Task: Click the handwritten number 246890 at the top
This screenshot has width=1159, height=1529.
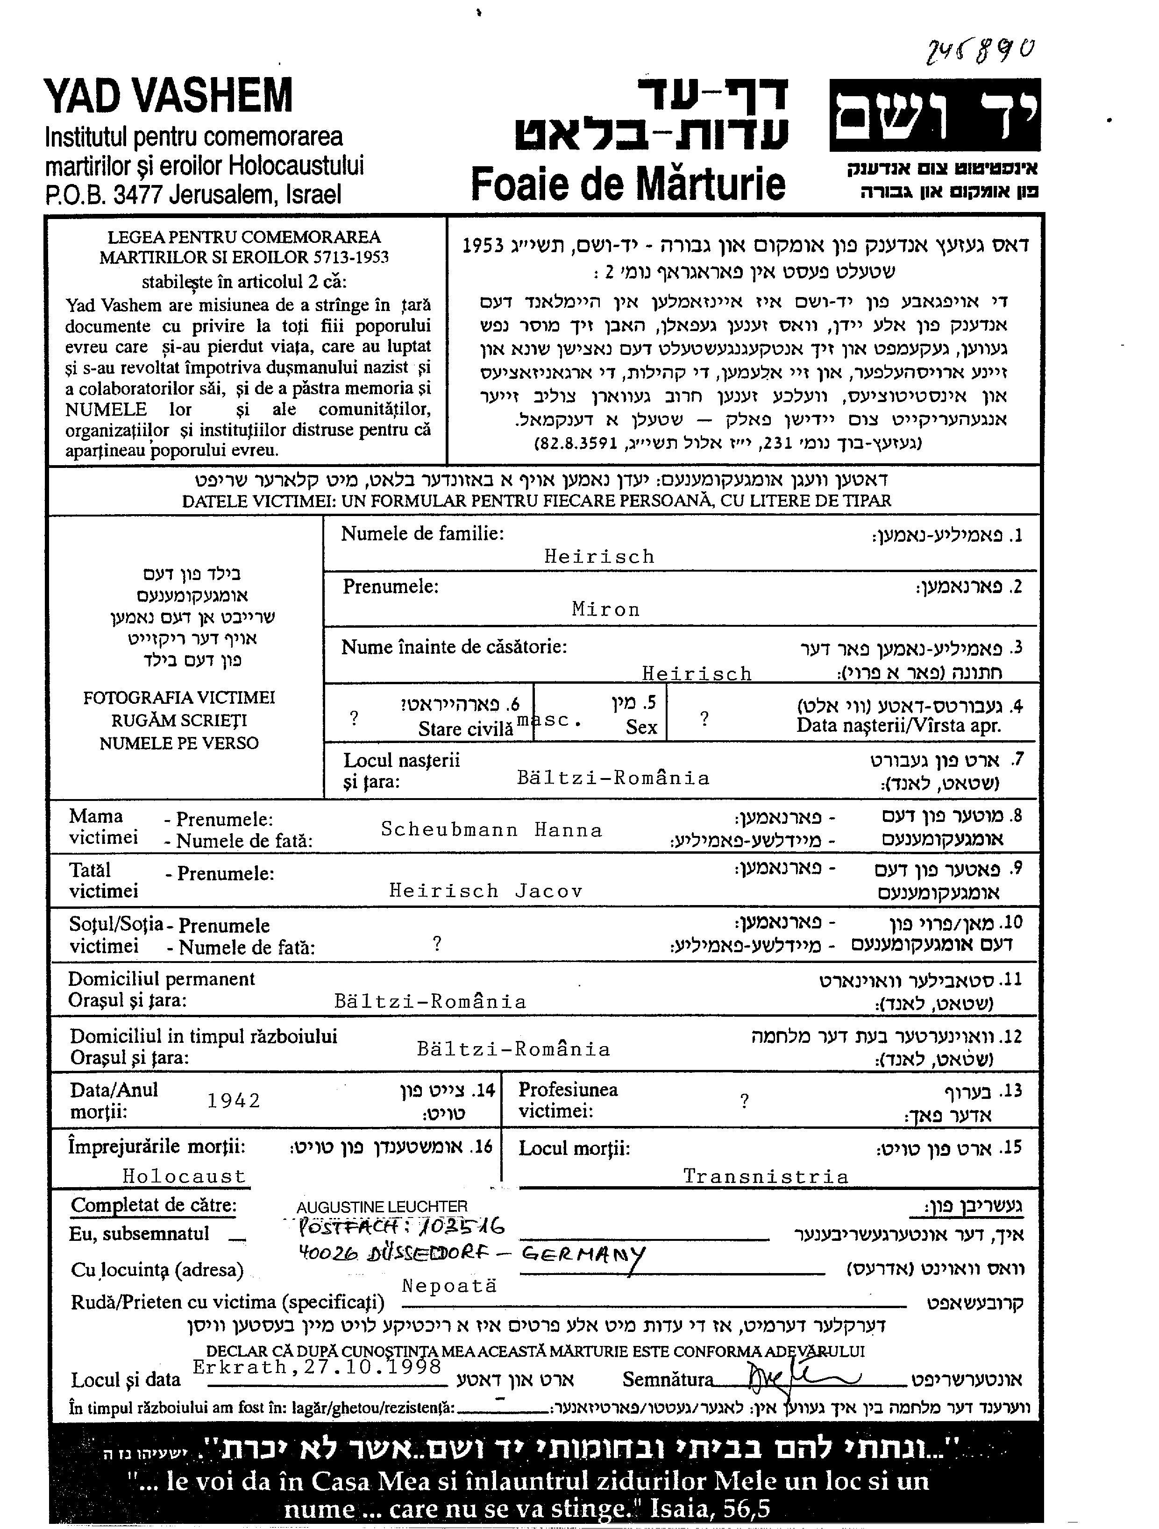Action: (981, 50)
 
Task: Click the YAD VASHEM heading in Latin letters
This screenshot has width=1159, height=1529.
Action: (168, 96)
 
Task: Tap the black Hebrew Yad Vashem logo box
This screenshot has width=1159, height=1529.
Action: (934, 115)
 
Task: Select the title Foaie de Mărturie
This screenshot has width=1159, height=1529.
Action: (627, 184)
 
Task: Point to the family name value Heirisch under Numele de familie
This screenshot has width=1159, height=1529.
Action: (599, 556)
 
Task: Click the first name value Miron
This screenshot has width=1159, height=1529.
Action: (606, 609)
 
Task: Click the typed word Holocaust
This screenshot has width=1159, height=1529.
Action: (184, 1176)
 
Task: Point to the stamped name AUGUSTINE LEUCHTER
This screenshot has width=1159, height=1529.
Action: (382, 1207)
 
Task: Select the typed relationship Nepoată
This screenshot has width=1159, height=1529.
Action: (449, 1286)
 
